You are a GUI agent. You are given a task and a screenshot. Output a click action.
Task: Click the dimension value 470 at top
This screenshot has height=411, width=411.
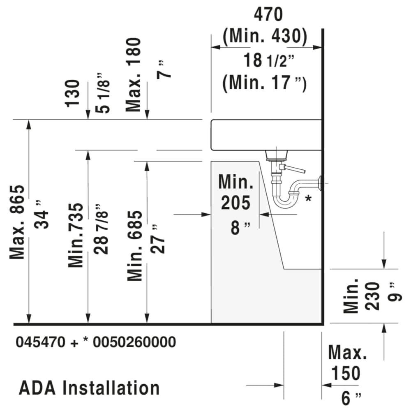pos(268,15)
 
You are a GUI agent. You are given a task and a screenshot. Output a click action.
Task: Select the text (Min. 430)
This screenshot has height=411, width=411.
pos(265,37)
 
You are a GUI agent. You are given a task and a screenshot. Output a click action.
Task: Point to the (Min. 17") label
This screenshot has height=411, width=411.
pos(265,83)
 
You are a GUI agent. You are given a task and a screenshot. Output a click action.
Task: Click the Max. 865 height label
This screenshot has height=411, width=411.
pos(18,222)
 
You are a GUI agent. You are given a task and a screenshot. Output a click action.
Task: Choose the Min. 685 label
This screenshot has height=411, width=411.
pos(135,246)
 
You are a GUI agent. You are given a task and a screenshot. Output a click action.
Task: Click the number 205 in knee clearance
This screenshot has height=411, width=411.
pos(236,203)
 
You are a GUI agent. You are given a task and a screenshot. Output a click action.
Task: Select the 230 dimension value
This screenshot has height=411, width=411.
pos(373,296)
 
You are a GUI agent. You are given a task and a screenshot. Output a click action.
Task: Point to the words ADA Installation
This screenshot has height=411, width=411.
pos(89,388)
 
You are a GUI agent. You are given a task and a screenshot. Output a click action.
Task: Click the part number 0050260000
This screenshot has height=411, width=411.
pos(134,342)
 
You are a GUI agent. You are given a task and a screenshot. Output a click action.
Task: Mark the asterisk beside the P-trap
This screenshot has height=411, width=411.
pos(308,199)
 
